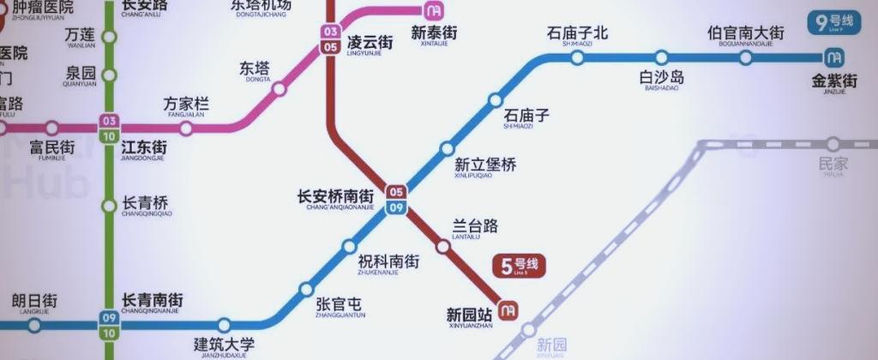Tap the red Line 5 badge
click(x=519, y=266)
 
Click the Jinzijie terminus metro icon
click(x=832, y=58)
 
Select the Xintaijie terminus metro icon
click(x=434, y=10)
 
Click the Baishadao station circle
click(x=661, y=58)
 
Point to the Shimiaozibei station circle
click(x=577, y=58)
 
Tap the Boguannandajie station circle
click(x=745, y=58)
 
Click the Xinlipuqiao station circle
click(x=447, y=148)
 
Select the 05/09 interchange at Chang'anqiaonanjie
click(x=396, y=199)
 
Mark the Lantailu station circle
click(x=443, y=247)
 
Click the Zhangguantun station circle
click(x=306, y=289)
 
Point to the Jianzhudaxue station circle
click(x=224, y=325)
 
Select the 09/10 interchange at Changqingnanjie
click(x=109, y=324)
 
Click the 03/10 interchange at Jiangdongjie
click(x=109, y=128)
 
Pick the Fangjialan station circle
click(x=186, y=129)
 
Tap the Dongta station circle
click(x=279, y=89)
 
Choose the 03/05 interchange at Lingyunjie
click(x=330, y=39)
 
